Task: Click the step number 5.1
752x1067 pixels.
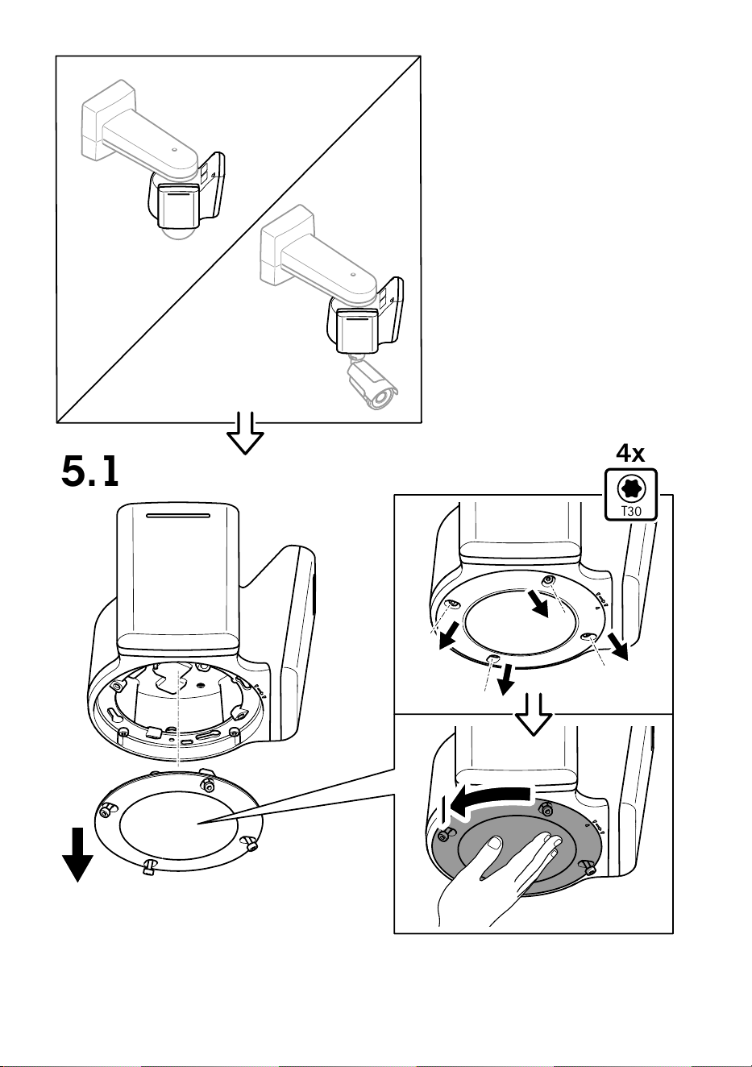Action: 89,472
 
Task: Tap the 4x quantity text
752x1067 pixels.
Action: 630,453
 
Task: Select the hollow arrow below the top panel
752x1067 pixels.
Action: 245,433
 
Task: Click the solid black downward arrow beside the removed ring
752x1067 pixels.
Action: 77,854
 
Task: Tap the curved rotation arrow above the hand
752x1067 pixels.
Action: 491,805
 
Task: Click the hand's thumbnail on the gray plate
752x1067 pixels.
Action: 495,844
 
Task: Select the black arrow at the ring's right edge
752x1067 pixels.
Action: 619,647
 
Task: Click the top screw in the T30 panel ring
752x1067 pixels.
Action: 549,579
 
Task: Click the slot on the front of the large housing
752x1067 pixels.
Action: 178,516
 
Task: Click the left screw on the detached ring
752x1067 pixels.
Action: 106,810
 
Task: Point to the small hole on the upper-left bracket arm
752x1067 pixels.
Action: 175,149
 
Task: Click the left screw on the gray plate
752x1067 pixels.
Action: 445,836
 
